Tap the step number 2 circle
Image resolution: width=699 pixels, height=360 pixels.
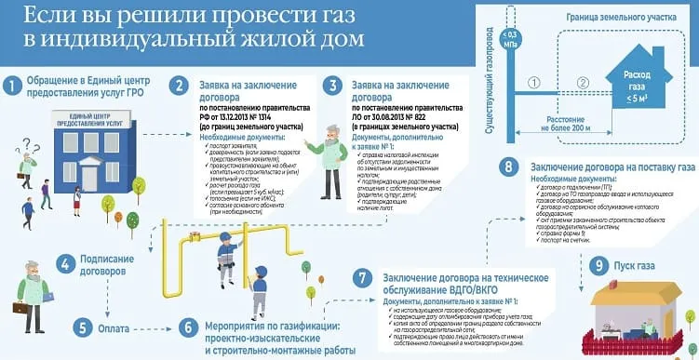click(177, 87)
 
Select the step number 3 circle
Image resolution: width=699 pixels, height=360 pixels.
click(331, 87)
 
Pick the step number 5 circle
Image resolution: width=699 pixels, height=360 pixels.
click(85, 327)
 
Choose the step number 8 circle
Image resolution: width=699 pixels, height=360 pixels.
click(507, 167)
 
